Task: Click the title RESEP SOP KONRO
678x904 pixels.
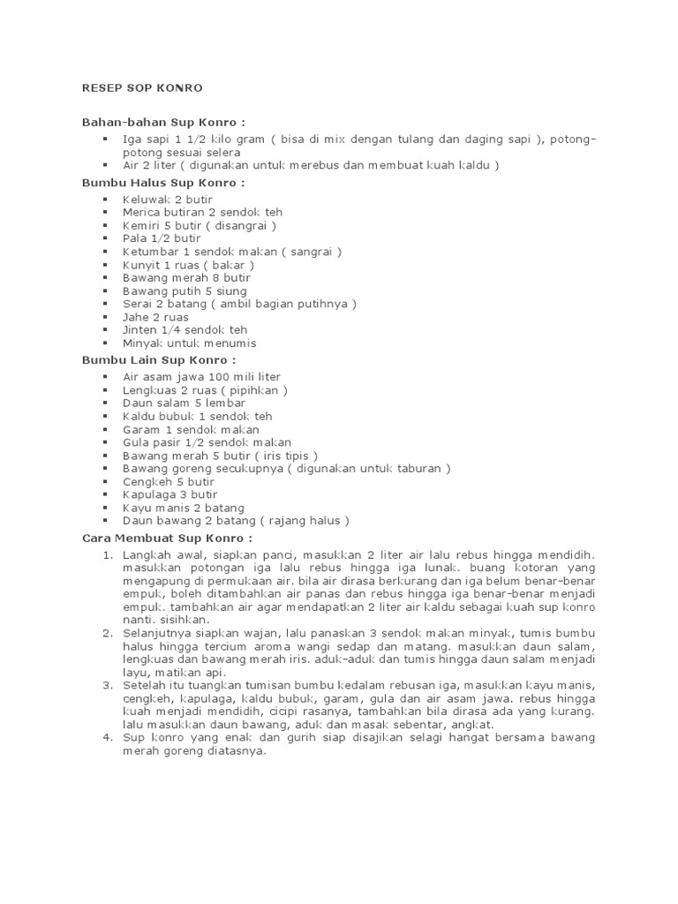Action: click(x=142, y=88)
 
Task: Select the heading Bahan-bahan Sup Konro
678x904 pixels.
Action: click(x=163, y=121)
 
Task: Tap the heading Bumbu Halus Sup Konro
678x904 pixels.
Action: click(x=163, y=183)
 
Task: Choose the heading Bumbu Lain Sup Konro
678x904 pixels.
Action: click(x=159, y=360)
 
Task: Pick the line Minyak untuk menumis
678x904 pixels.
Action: click(x=190, y=343)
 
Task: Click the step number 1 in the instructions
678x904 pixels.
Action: click(x=107, y=554)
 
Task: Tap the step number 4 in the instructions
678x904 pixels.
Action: click(x=107, y=737)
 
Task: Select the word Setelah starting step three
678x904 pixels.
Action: click(x=144, y=685)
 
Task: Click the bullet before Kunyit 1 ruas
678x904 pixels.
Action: click(x=105, y=265)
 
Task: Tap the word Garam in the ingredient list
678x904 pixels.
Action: click(x=140, y=429)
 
